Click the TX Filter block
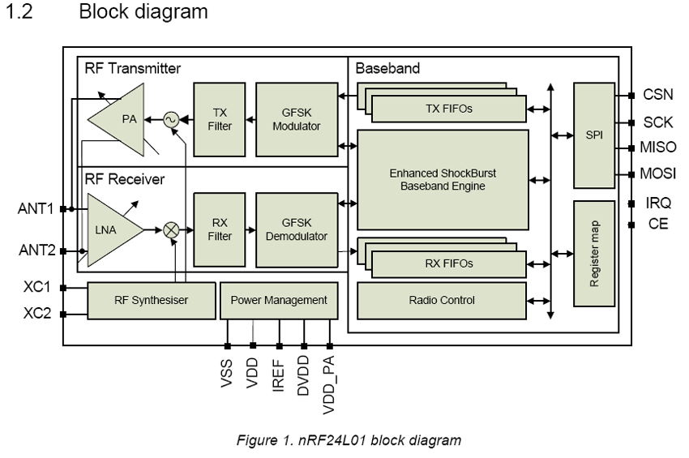219,119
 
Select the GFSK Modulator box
297,119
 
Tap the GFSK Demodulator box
297,230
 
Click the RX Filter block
219,230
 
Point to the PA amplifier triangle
122,119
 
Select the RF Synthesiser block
151,300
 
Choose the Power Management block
279,300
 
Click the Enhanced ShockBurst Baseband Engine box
443,180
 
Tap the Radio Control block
443,300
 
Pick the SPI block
595,135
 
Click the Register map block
595,253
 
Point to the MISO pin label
657,148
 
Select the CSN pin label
657,95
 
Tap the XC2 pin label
36,313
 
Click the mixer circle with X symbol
171,230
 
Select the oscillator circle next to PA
171,119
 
